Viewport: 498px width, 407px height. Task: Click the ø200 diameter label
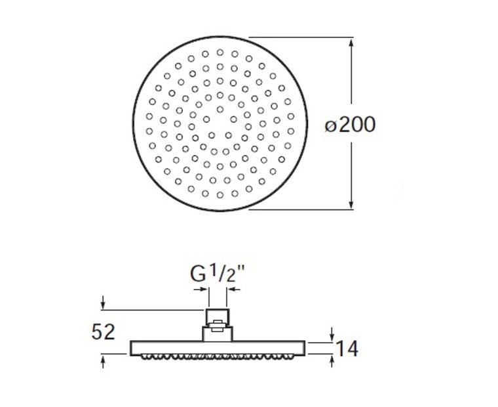(x=350, y=125)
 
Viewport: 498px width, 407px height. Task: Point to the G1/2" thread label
(x=218, y=274)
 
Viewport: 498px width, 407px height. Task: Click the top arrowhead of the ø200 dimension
(x=351, y=43)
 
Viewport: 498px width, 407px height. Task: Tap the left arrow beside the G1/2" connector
(x=201, y=289)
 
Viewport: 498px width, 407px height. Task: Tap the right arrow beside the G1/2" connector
(x=234, y=289)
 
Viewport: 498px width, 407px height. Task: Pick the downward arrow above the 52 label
(x=103, y=303)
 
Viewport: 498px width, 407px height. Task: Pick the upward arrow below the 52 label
(x=103, y=362)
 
